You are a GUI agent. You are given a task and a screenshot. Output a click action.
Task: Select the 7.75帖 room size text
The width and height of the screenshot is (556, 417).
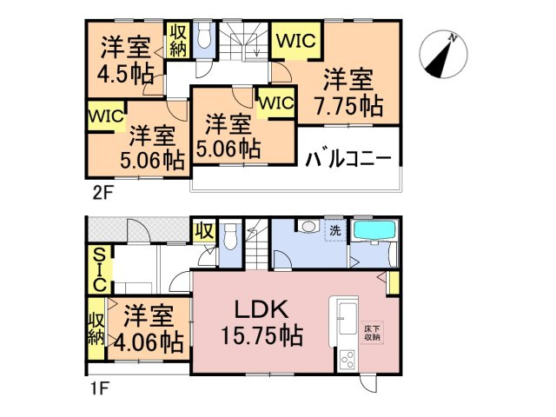tap(349, 105)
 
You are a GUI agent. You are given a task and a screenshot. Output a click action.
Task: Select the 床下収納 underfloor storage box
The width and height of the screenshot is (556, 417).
tap(371, 334)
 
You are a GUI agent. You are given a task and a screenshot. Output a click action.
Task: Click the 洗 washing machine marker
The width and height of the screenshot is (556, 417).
tap(334, 231)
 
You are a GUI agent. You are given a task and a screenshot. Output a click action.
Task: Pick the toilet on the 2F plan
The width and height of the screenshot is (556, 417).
tap(205, 37)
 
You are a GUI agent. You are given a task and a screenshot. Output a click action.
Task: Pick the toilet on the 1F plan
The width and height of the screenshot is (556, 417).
tap(230, 237)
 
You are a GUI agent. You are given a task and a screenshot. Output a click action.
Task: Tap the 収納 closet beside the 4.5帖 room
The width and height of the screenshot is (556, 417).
tap(177, 40)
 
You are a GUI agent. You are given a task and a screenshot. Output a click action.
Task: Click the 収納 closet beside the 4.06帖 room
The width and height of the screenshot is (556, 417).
tap(96, 328)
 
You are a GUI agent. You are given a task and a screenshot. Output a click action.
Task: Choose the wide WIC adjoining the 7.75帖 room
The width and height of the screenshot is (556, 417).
tap(297, 40)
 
